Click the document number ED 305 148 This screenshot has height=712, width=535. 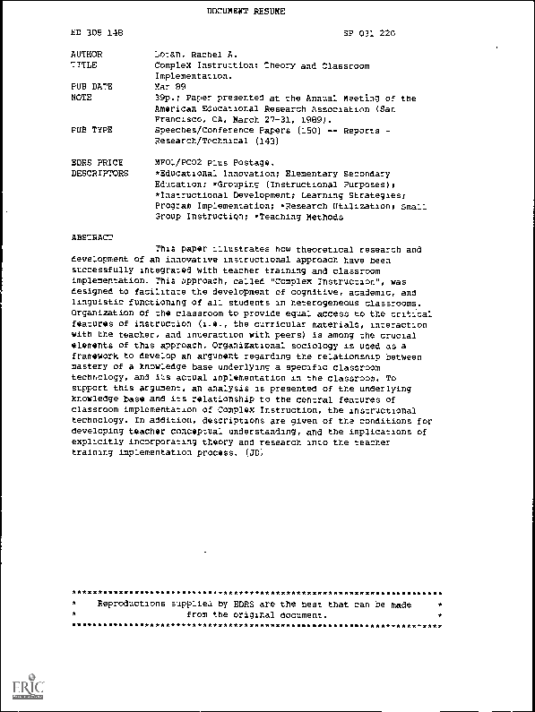coord(97,32)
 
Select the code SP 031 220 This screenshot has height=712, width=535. coord(369,32)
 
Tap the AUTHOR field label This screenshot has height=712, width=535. coord(87,55)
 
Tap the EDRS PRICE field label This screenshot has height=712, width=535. coord(94,162)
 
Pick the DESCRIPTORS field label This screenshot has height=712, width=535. coord(99,173)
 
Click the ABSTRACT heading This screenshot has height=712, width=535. coord(92,237)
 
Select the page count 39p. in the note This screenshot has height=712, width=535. coord(166,98)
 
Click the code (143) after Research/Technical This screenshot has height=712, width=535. coord(254,141)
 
